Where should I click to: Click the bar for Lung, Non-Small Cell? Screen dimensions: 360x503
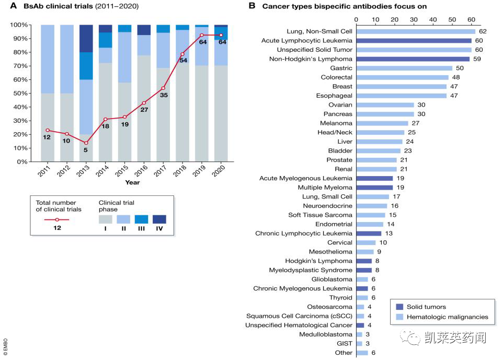pos(416,31)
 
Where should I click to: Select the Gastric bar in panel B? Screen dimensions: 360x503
pos(404,68)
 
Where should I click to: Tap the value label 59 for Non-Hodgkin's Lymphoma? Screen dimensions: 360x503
pos(477,59)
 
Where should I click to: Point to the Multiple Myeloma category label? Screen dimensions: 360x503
pos(325,188)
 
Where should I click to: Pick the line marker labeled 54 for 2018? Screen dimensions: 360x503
pos(182,54)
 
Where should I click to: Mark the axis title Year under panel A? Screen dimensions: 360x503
pos(132,182)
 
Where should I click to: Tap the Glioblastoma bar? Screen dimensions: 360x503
pos(362,280)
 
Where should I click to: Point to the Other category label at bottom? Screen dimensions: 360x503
pos(344,353)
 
